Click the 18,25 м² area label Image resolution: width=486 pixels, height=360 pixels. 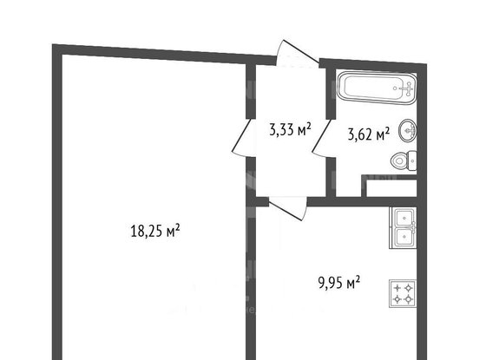coord(154,231)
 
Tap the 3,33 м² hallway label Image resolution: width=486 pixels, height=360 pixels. coord(290,131)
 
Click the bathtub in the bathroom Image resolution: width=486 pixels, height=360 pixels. coord(376,87)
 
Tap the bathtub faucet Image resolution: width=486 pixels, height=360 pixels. coord(404,87)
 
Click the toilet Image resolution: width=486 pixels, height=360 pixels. coord(402,160)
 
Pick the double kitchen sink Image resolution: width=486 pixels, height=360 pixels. coord(404,227)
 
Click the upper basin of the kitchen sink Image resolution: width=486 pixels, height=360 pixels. coord(405,218)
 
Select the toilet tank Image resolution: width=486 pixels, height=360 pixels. coord(412,160)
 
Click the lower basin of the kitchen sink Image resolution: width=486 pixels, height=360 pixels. coord(405,236)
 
